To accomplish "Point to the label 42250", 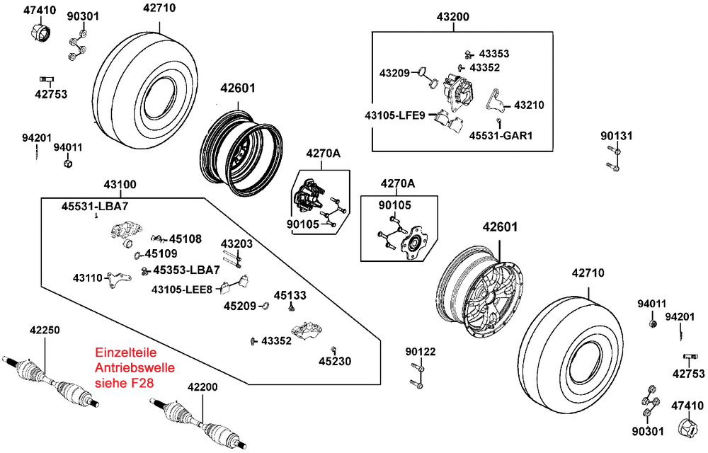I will pyautogui.click(x=45, y=330).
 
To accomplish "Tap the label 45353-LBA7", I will pyautogui.click(x=186, y=270).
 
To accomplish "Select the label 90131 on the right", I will pyautogui.click(x=617, y=135).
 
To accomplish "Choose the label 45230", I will pyautogui.click(x=335, y=361).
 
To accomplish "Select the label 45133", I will pyautogui.click(x=290, y=295).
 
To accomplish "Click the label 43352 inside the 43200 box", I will pyautogui.click(x=485, y=67).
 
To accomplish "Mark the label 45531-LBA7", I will pyautogui.click(x=94, y=206).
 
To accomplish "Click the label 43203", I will pyautogui.click(x=236, y=243).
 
